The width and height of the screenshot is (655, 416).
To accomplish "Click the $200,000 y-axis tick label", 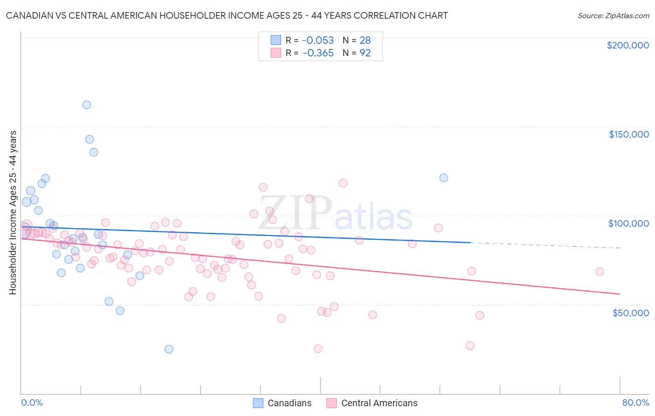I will pos(628,45).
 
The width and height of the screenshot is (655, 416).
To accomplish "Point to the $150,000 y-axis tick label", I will pos(628,134).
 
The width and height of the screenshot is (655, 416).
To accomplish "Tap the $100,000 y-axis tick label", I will pos(628,223).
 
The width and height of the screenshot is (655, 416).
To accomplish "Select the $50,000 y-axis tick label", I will pos(630,313).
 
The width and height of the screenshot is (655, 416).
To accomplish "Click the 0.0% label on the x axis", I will pos(32,403).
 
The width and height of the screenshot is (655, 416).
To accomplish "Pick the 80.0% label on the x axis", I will pos(635,403).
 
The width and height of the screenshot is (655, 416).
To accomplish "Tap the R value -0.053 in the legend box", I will pos(318,41).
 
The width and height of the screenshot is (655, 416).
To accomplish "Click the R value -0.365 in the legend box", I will pos(318,53).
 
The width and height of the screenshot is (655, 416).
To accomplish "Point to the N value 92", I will pos(365,53).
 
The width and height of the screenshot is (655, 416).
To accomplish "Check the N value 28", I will pos(365,41).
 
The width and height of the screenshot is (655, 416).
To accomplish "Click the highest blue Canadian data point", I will pos(87,105).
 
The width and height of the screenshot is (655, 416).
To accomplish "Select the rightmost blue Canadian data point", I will pos(443,178).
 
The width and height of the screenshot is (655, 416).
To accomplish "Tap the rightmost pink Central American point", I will pos(600,271).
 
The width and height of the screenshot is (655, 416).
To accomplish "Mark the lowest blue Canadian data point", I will pos(169,349).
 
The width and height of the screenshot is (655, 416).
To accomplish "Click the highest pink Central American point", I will pos(343,183).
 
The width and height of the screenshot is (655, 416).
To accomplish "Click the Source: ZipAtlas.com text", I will pos(613,16).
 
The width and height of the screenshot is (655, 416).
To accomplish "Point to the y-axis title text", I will pos(13,213).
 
